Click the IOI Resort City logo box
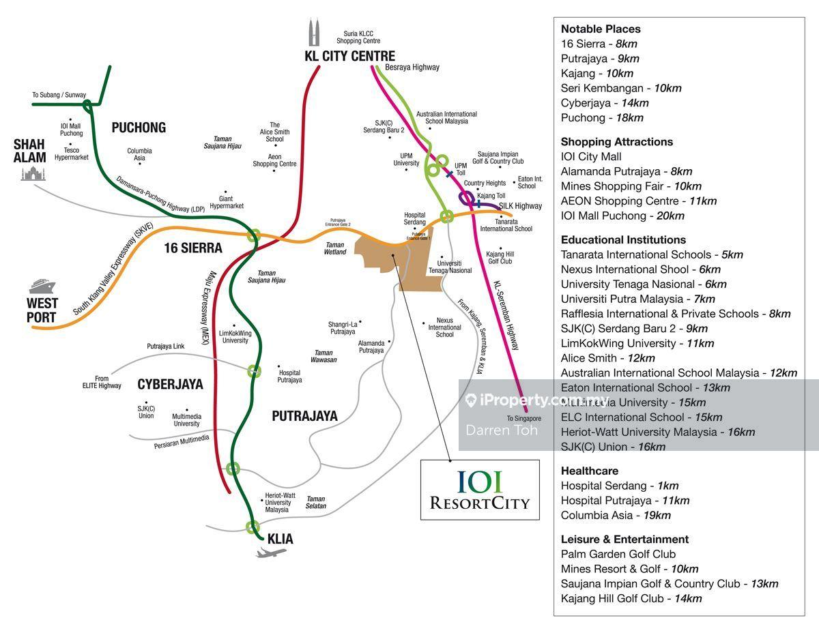(x=480, y=490)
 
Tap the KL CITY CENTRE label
(x=349, y=56)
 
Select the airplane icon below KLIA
(x=271, y=552)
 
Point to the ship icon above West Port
(x=42, y=285)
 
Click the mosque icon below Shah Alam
(x=32, y=173)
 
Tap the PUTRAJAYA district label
(x=304, y=415)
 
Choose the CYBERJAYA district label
(x=170, y=384)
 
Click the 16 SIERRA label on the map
(x=193, y=248)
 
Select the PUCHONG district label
(x=139, y=128)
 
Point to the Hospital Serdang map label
(x=414, y=218)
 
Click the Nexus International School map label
(x=444, y=327)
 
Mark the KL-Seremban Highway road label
(x=506, y=315)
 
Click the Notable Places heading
(x=601, y=29)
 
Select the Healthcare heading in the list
(x=590, y=471)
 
